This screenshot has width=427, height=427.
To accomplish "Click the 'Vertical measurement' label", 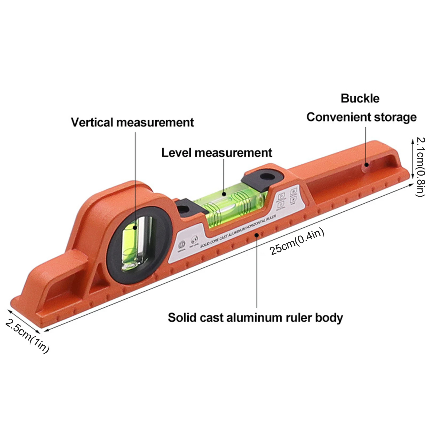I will pyautogui.click(x=132, y=122).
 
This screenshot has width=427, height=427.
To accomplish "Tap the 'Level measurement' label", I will pyautogui.click(x=217, y=153).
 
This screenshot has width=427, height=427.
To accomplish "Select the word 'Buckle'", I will pyautogui.click(x=360, y=98).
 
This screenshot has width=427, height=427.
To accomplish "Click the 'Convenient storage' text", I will pyautogui.click(x=361, y=117).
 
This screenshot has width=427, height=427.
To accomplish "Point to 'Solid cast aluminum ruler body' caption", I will pyautogui.click(x=255, y=318).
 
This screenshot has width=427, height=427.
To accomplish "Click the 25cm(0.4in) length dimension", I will pyautogui.click(x=297, y=242).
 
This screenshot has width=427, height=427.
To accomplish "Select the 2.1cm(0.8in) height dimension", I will pyautogui.click(x=421, y=167).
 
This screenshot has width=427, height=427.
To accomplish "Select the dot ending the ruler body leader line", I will pyautogui.click(x=257, y=235).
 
